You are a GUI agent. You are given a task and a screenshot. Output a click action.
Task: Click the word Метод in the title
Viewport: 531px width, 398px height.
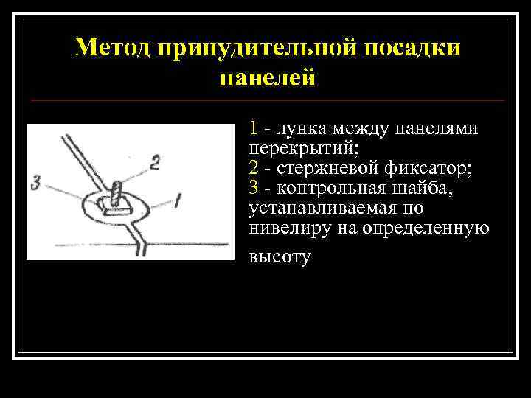[111, 47]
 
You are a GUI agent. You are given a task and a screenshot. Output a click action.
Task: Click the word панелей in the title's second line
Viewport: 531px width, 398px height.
[267, 77]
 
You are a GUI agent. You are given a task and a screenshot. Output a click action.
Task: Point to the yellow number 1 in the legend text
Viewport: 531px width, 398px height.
[254, 128]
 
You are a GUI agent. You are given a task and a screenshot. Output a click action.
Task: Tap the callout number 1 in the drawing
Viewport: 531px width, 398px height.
[178, 199]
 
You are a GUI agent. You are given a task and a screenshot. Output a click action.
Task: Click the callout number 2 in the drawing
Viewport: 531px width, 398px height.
[154, 162]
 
